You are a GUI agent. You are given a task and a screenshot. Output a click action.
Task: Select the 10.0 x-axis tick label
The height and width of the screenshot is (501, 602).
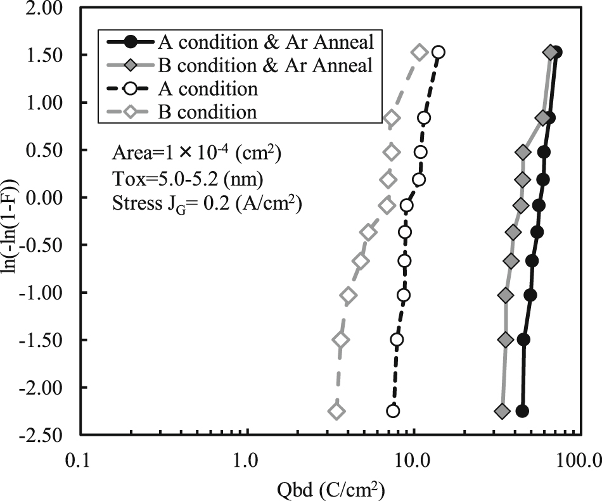[413, 457]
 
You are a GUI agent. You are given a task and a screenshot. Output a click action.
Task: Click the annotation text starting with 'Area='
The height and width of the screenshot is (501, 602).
[196, 153]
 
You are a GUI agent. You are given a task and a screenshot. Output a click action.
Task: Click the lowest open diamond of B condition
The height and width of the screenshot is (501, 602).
[336, 412]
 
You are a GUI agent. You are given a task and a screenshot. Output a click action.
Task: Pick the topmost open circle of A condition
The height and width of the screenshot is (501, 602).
[438, 53]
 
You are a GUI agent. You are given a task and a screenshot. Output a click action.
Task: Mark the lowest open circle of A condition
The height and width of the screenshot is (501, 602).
[393, 411]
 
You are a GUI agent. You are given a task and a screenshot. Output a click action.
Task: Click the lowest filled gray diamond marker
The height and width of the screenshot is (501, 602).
[502, 412]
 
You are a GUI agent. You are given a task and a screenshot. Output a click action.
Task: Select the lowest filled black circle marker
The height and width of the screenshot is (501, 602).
[522, 411]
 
